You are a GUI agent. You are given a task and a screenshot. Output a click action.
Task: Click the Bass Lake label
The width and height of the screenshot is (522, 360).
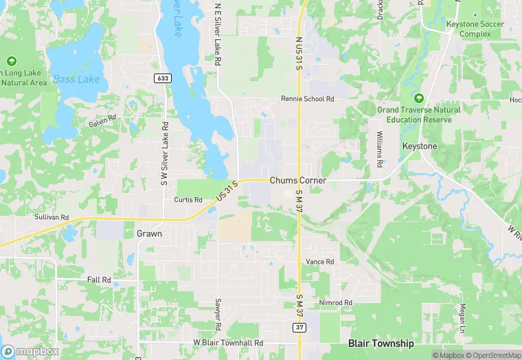click(x=76, y=79)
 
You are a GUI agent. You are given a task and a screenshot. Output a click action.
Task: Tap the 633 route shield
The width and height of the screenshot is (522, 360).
click(x=163, y=78)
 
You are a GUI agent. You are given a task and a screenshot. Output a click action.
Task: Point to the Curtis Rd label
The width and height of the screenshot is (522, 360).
click(x=188, y=200)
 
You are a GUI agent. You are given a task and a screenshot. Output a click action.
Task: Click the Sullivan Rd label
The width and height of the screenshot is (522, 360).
click(x=52, y=217)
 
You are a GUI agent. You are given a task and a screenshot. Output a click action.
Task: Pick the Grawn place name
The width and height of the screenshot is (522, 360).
click(x=149, y=234)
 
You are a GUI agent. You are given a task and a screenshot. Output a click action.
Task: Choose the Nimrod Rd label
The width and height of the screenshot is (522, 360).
click(x=336, y=302)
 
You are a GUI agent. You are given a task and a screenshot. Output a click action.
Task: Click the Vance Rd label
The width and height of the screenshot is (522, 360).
click(x=319, y=262)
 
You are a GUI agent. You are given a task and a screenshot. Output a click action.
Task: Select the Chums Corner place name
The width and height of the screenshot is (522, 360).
click(x=297, y=180)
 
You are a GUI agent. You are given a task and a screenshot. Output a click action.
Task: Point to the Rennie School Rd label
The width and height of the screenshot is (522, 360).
click(x=307, y=99)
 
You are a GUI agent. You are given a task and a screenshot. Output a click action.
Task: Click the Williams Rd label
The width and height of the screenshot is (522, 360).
click(x=379, y=149)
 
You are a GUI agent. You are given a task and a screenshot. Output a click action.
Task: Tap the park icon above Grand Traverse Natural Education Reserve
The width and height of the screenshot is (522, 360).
click(x=418, y=98)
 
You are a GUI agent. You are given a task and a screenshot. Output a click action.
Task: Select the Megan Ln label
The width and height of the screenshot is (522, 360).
click(x=463, y=317)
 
